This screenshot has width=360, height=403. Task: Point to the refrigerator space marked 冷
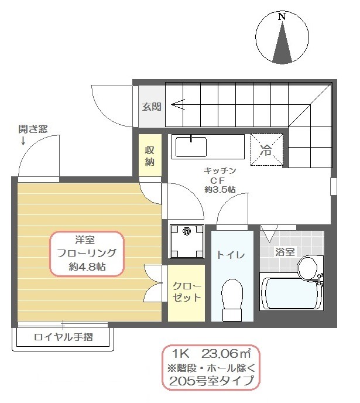click(266, 151)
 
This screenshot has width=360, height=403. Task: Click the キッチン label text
click(220, 170)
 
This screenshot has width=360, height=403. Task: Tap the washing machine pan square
click(187, 240)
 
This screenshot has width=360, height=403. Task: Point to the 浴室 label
click(285, 252)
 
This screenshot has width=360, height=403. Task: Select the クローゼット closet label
click(187, 292)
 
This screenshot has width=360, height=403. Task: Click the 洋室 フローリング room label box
click(86, 254)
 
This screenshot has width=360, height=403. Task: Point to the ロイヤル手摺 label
click(63, 337)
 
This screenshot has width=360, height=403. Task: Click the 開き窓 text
click(33, 129)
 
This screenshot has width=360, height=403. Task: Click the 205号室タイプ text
click(211, 381)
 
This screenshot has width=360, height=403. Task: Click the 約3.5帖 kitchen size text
click(220, 189)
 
